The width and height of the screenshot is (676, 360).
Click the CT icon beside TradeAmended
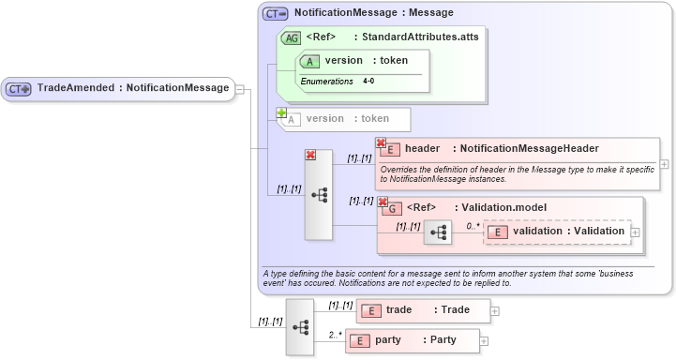pos(19,89)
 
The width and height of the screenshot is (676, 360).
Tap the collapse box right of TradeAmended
pos(240,89)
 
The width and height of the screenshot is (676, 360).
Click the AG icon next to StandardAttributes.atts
pos(291,37)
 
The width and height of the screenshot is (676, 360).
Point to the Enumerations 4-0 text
pos(338,82)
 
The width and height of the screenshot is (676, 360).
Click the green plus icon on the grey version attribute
pos(280,112)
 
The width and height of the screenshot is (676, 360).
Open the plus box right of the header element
pos(664,163)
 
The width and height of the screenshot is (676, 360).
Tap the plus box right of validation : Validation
pos(635,232)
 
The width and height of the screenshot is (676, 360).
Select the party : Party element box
pos(413,341)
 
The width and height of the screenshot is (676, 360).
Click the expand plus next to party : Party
pos(484,341)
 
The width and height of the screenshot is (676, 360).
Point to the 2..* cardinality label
pos(334,335)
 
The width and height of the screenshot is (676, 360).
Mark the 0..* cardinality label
pos(473,226)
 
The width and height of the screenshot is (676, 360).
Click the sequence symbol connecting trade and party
pos(300,327)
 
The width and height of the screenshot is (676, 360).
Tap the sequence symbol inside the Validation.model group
pos(437,232)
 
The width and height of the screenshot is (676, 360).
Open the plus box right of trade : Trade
pos(495,310)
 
